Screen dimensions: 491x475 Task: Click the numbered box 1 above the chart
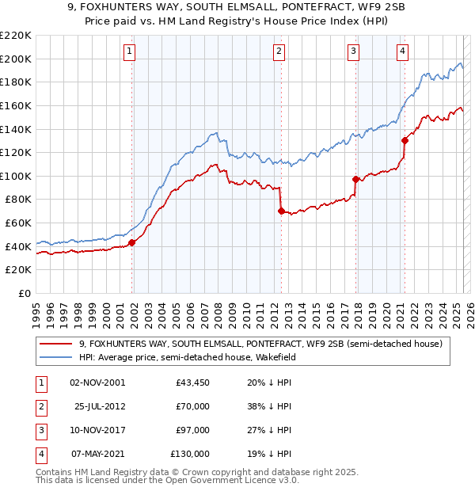(x=129, y=52)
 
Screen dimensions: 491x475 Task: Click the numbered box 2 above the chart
(x=279, y=52)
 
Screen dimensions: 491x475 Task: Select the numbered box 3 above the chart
(x=353, y=52)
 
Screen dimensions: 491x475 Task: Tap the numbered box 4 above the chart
(x=402, y=52)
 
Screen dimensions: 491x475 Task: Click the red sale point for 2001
(x=132, y=243)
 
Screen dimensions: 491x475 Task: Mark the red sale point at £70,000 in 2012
(x=281, y=211)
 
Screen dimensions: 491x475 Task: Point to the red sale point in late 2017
(x=355, y=179)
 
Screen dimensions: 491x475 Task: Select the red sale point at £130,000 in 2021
(x=405, y=140)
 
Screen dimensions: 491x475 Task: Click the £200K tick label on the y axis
(x=16, y=59)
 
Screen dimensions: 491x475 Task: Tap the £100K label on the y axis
(x=16, y=176)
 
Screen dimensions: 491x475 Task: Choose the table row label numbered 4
(x=40, y=454)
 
